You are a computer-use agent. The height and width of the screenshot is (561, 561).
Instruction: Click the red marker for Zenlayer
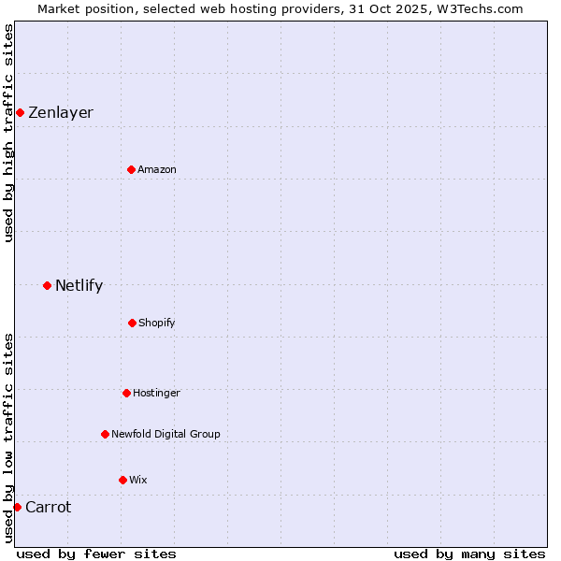20,112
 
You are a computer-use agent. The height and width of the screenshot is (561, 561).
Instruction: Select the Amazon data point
131,169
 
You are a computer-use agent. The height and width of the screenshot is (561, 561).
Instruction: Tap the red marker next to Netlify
47,285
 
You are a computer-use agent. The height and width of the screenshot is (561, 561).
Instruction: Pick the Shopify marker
132,323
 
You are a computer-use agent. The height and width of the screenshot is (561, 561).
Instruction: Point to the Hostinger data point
126,393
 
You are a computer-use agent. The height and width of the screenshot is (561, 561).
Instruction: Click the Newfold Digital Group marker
105,434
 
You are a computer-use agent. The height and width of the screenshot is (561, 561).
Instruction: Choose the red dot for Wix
122,480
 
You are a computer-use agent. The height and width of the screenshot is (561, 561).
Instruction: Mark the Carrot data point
17,507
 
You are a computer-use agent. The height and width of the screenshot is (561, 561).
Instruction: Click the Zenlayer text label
61,113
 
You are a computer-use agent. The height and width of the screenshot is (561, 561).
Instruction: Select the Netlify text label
79,286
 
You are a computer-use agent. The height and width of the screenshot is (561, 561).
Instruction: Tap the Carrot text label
48,508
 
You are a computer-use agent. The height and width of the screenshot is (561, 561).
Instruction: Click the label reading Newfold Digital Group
165,434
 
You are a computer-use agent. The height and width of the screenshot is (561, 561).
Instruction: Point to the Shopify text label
156,324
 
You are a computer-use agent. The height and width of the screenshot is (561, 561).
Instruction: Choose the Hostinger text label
156,394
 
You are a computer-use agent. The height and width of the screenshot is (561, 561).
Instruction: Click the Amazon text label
156,170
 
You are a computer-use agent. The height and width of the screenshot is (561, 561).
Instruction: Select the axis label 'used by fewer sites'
96,554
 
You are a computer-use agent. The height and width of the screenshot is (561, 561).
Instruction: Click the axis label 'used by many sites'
469,554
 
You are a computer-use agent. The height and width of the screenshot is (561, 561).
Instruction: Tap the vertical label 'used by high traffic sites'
8,133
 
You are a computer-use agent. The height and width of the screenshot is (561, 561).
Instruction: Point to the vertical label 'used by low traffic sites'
8,438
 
